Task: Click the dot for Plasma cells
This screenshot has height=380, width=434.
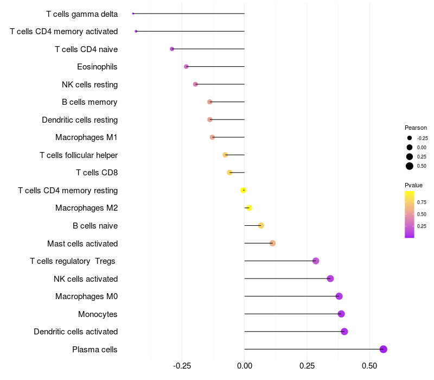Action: [384, 349]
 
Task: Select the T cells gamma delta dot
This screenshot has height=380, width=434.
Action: [133, 14]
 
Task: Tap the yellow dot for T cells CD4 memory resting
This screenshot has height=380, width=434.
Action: [244, 190]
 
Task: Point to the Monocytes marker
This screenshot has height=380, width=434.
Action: [341, 314]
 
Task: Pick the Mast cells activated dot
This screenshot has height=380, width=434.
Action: [273, 243]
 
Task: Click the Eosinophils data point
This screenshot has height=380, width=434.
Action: [187, 67]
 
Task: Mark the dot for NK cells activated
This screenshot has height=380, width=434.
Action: [330, 278]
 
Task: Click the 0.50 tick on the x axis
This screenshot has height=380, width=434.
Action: [369, 365]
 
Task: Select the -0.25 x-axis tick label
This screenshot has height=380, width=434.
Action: [181, 365]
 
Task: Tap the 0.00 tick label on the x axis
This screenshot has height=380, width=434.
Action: [245, 365]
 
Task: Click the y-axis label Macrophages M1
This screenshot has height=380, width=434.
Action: [86, 137]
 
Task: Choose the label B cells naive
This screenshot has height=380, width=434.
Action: [95, 226]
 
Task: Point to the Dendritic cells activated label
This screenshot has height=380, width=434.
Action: [75, 332]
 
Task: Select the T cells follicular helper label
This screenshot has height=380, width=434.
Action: [79, 155]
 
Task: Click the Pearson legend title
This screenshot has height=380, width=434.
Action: [416, 128]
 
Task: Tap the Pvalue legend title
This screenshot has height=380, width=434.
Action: [413, 186]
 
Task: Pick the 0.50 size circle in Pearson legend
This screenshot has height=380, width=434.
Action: [410, 166]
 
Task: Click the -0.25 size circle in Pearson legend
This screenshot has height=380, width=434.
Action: [410, 138]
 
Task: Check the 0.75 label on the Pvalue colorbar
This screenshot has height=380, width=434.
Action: [422, 202]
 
